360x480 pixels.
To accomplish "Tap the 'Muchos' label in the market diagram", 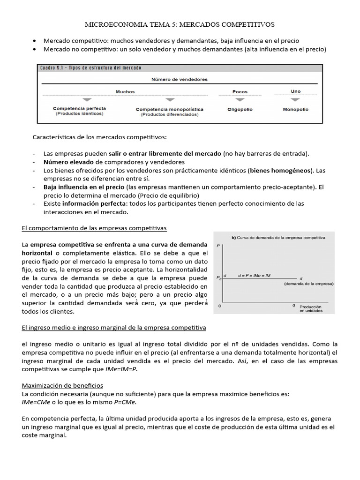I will click(125, 92).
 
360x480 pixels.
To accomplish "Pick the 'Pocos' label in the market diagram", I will click(240, 92).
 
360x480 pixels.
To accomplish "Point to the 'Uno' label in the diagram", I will click(295, 91).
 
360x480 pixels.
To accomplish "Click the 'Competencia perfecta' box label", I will click(79, 108).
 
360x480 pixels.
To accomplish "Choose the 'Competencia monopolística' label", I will click(170, 109).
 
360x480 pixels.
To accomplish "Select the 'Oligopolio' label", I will click(240, 109).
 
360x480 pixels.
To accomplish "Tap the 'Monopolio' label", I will click(295, 109).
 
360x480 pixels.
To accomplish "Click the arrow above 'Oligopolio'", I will click(240, 100).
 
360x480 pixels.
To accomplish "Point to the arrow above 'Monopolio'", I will click(295, 100).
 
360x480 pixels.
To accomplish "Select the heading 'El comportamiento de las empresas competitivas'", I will click(94, 228).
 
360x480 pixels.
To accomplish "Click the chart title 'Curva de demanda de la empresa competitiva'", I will click(281, 238).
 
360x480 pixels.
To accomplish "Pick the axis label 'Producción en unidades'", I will click(312, 307).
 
